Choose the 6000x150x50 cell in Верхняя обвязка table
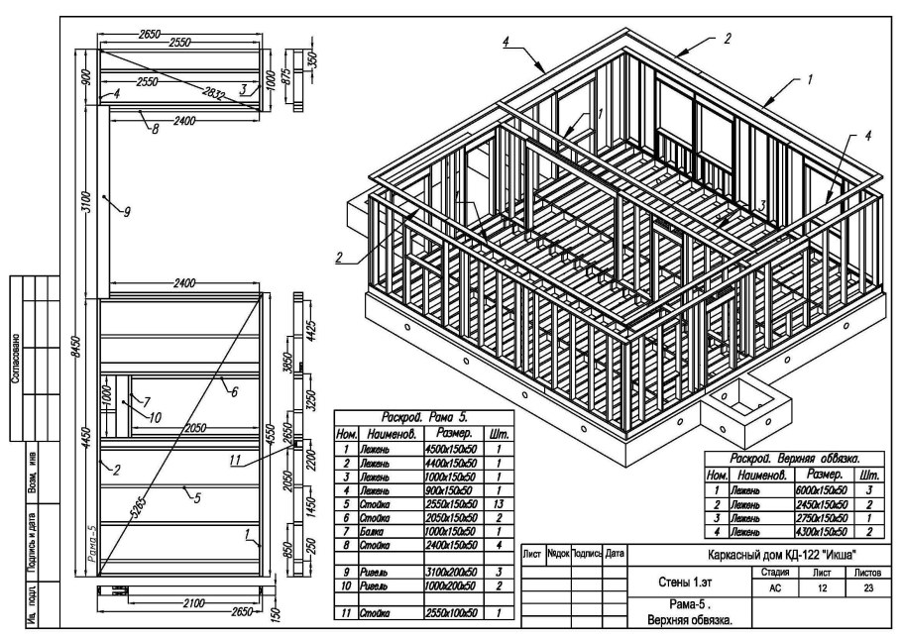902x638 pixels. tap(823, 490)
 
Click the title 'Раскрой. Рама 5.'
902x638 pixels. tap(421, 418)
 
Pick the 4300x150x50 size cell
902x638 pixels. tap(823, 533)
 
